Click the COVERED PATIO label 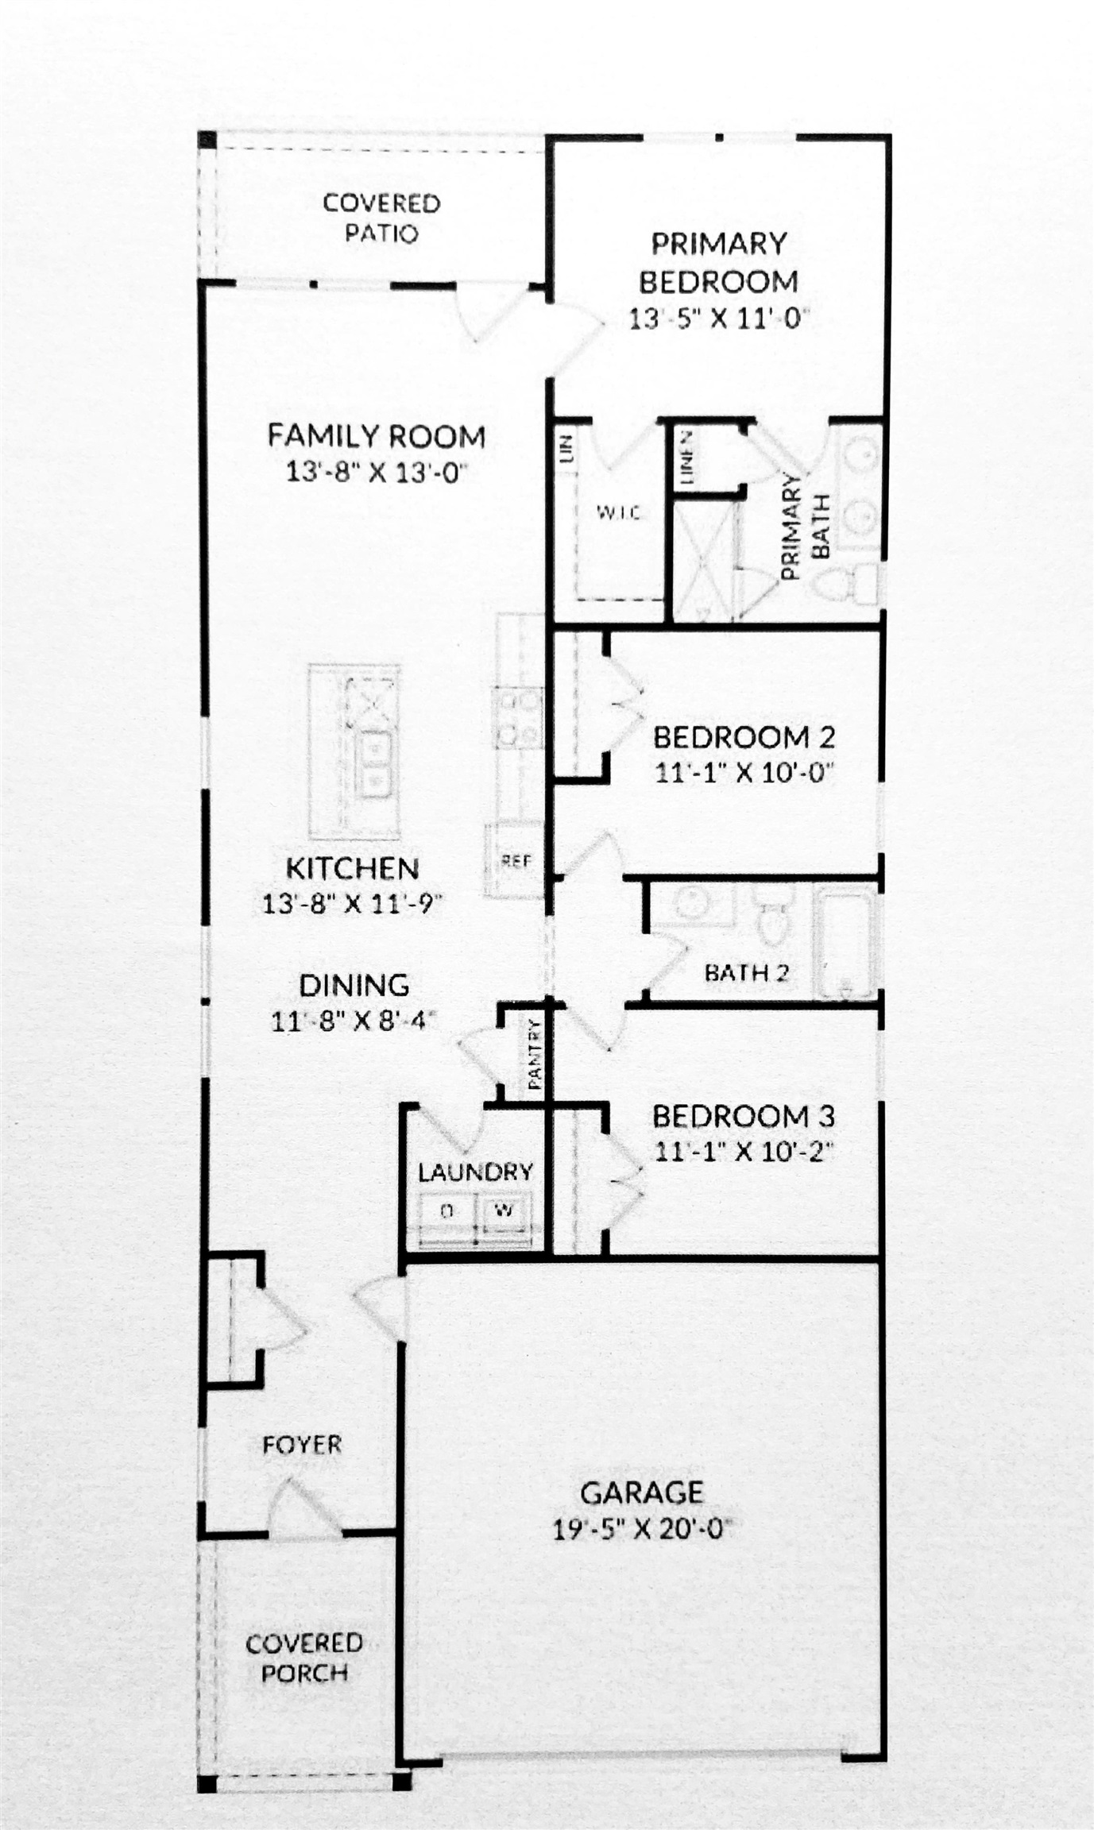coord(381,218)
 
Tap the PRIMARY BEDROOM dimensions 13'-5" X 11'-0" coord(718,319)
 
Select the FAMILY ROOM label coord(376,436)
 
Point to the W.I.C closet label coord(618,513)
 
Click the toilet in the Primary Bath coord(844,586)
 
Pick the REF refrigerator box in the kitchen coord(516,861)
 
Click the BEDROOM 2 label coord(744,737)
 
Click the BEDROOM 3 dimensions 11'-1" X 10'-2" coord(744,1151)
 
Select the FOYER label coord(302,1444)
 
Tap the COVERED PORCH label coord(304,1658)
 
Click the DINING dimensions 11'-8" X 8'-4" coord(354,1021)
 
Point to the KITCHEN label coord(352,868)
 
